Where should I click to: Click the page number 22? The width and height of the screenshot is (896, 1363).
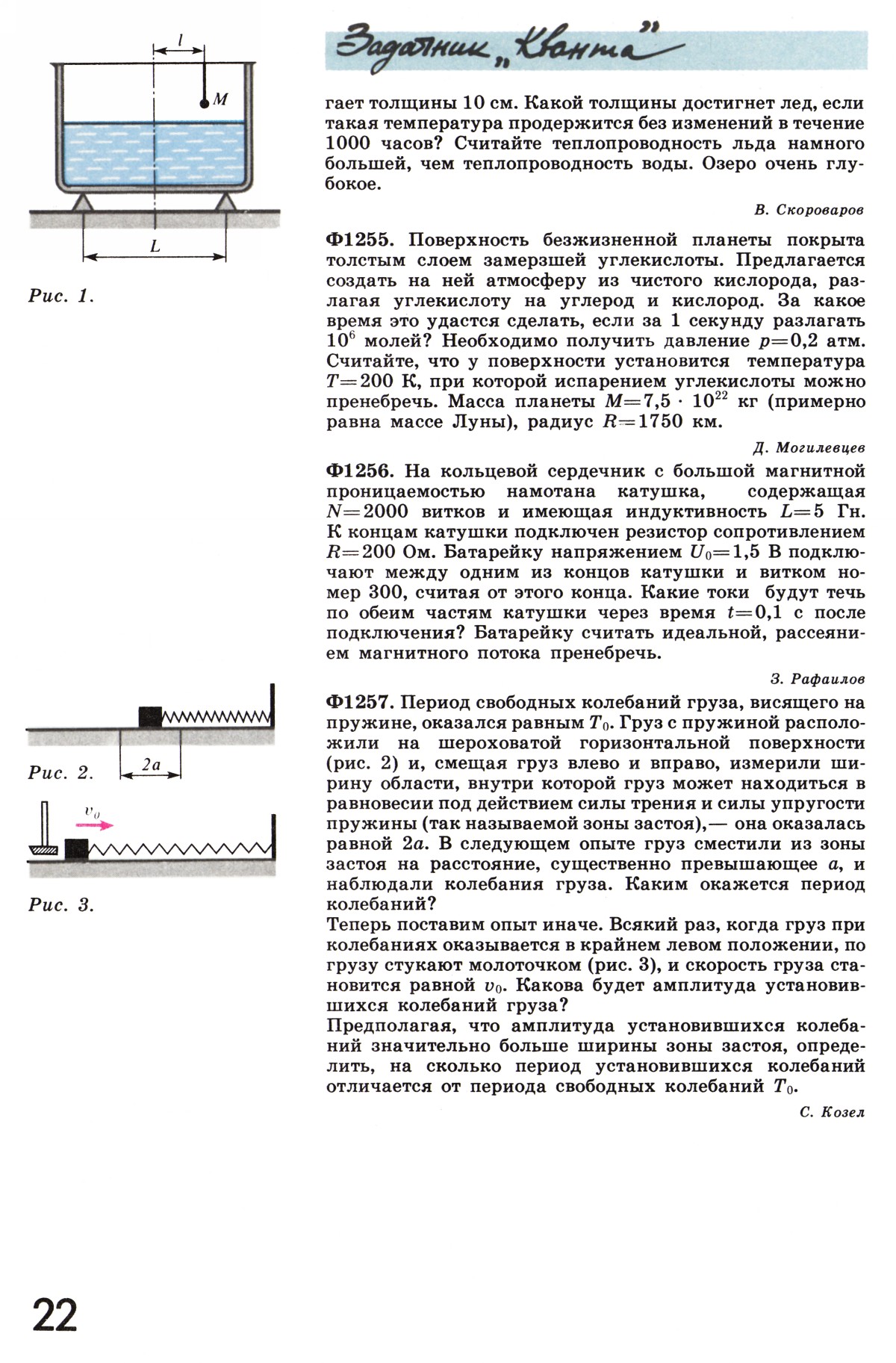(x=55, y=1315)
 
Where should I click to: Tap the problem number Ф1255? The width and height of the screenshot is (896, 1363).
(x=358, y=240)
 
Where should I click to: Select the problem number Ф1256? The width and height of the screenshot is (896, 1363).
(x=358, y=472)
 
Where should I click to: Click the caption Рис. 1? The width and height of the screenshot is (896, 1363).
(x=61, y=296)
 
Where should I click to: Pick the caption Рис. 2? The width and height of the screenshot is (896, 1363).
(x=61, y=773)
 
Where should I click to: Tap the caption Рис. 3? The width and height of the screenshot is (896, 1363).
(x=61, y=906)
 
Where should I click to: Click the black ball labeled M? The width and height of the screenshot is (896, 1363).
(x=204, y=104)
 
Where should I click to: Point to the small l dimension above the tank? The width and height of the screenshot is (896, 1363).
(x=180, y=37)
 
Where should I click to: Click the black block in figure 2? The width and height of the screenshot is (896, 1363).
(x=150, y=716)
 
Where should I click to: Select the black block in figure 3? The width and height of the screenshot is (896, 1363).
(x=76, y=849)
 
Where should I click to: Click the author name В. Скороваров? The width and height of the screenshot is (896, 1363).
(x=809, y=211)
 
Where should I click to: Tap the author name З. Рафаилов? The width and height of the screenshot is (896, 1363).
(x=817, y=680)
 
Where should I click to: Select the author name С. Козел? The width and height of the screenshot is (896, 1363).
(x=831, y=1113)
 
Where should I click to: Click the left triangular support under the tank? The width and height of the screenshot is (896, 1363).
(x=81, y=202)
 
